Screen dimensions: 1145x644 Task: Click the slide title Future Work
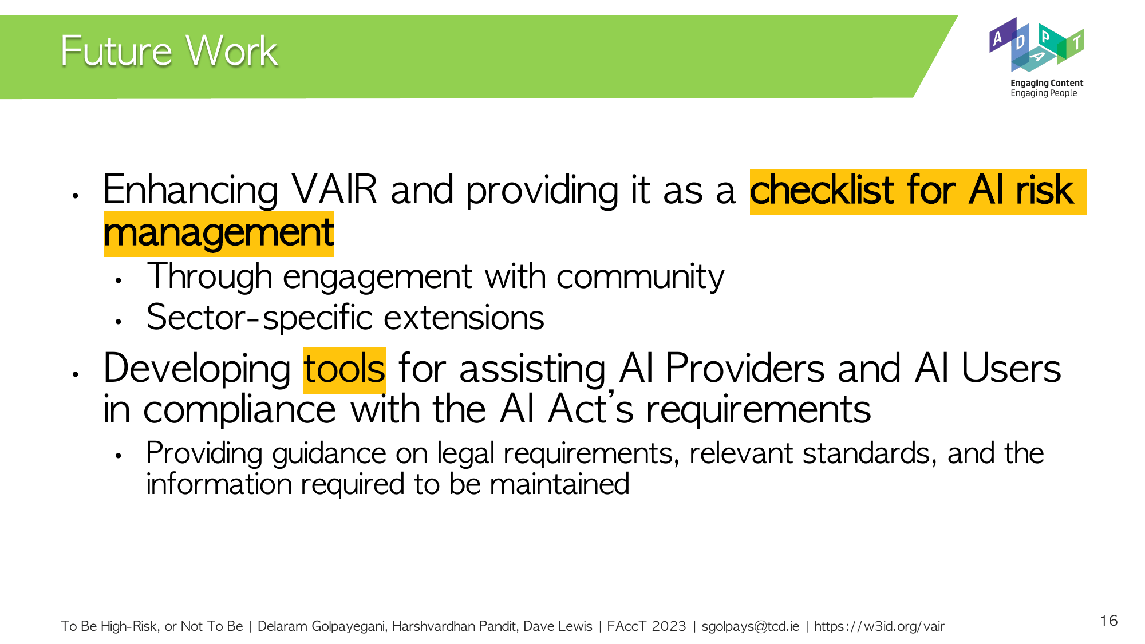(x=169, y=52)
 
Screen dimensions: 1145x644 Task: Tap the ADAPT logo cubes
(x=1037, y=45)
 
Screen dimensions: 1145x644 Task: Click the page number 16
(x=1109, y=621)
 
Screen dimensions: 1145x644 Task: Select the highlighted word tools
(x=345, y=369)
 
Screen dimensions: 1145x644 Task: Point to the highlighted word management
(x=219, y=233)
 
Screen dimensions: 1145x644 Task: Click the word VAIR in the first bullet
(x=335, y=190)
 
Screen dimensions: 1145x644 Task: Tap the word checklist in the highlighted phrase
(x=822, y=190)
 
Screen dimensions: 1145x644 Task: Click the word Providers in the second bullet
(x=745, y=368)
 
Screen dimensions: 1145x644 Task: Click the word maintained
(x=559, y=484)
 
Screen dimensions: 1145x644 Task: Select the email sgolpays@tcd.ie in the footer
(x=751, y=626)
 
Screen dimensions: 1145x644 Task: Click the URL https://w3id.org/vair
(x=879, y=626)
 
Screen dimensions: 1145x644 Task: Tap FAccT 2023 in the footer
(x=646, y=626)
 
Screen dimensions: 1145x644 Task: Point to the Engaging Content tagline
(x=1047, y=83)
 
